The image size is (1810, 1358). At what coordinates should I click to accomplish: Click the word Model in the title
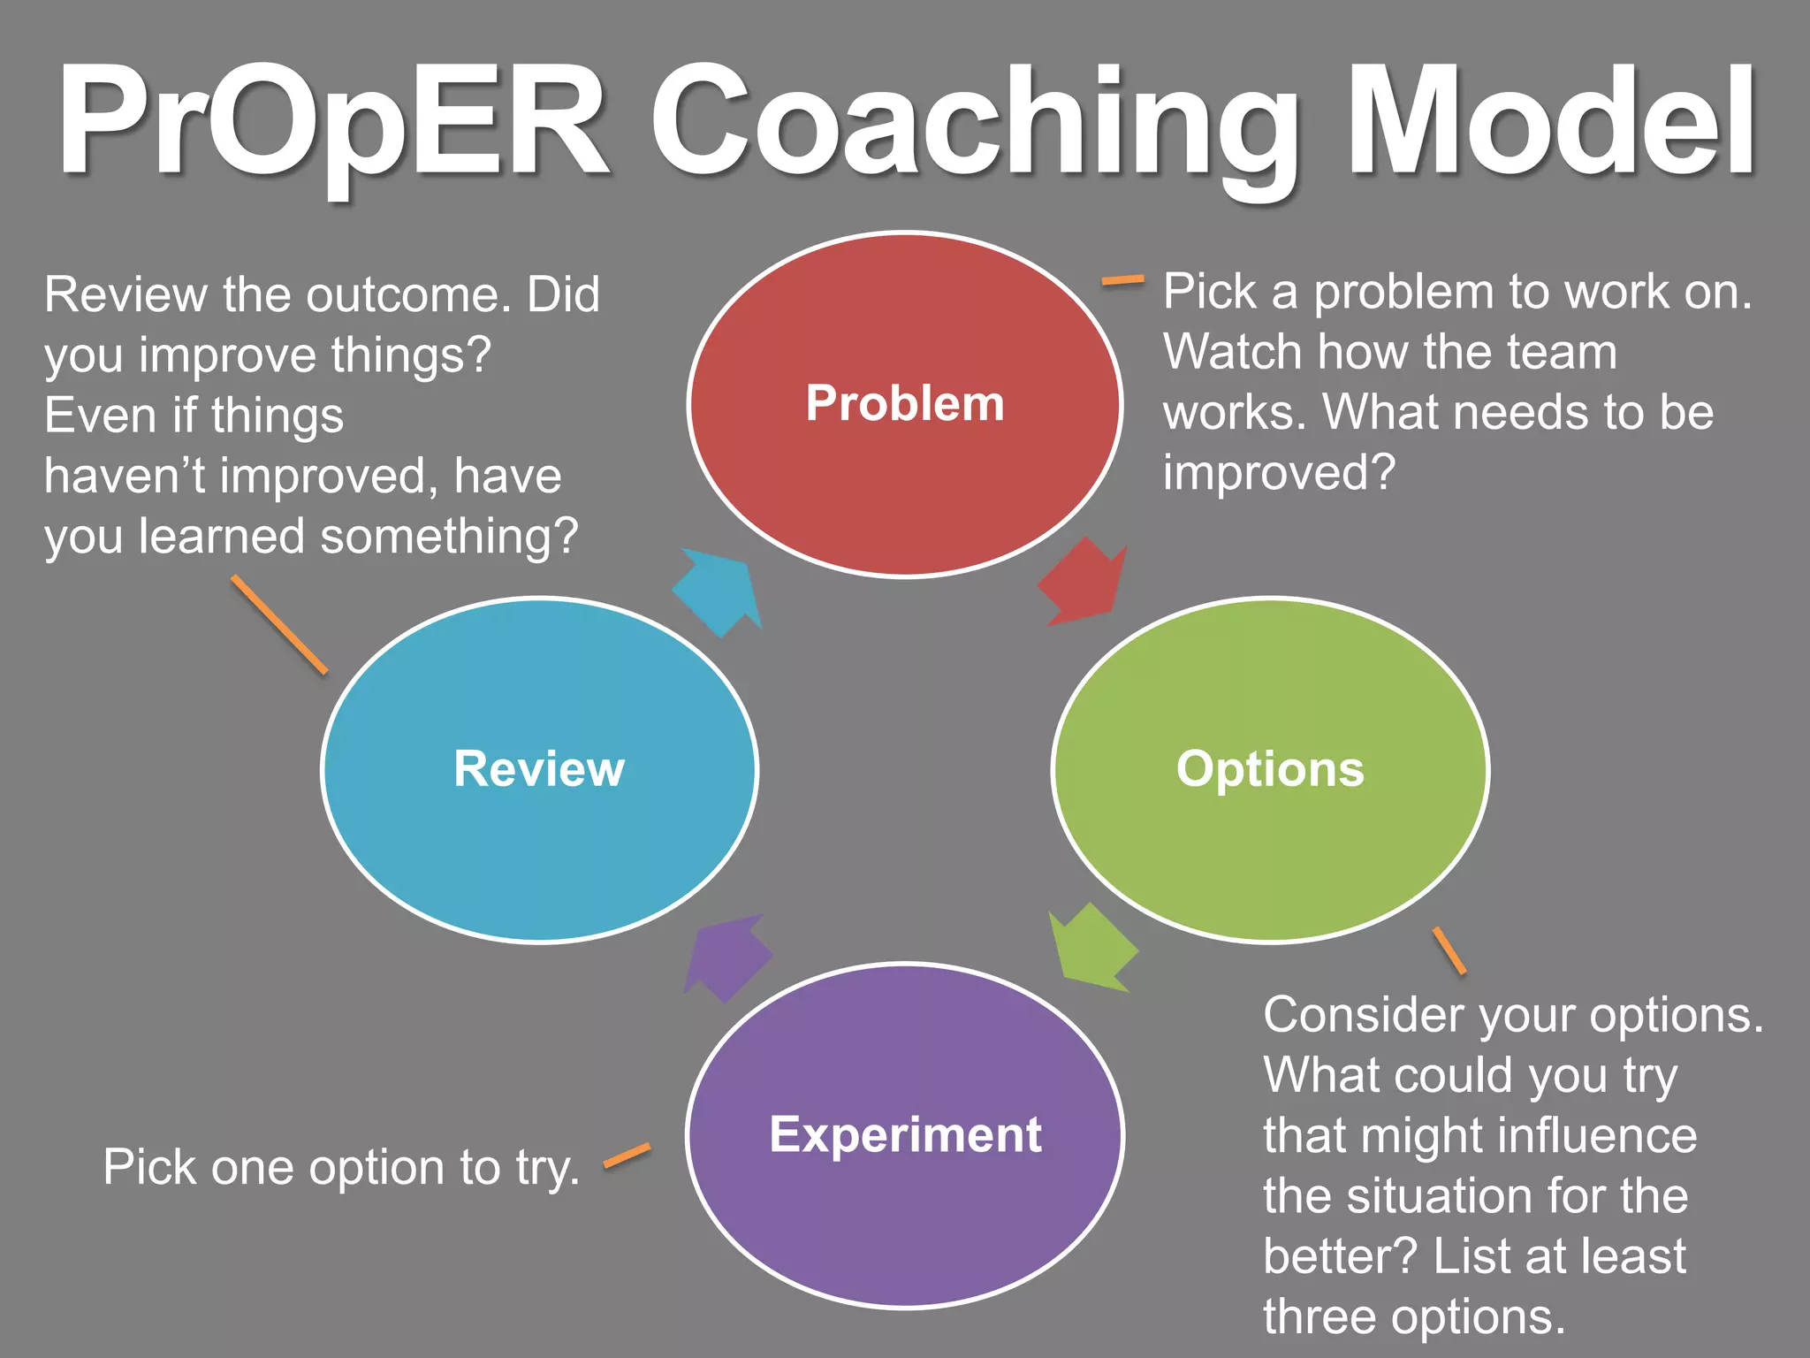click(1551, 122)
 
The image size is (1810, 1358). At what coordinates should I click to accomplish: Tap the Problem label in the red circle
click(905, 404)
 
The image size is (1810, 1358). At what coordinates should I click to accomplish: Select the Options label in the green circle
click(1270, 768)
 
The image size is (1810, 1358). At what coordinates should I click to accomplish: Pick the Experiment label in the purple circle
click(905, 1134)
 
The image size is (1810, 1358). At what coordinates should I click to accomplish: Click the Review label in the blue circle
click(539, 768)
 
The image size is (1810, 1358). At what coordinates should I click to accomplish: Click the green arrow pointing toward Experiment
click(1091, 949)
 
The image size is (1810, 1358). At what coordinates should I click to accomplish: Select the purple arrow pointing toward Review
click(726, 957)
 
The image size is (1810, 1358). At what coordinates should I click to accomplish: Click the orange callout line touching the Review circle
click(279, 624)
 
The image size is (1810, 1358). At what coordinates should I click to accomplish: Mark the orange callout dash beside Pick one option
click(627, 1156)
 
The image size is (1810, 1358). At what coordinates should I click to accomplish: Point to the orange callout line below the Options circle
click(1449, 950)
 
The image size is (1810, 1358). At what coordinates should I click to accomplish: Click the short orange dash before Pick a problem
click(1122, 281)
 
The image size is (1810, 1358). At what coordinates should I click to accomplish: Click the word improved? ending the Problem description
click(1279, 472)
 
